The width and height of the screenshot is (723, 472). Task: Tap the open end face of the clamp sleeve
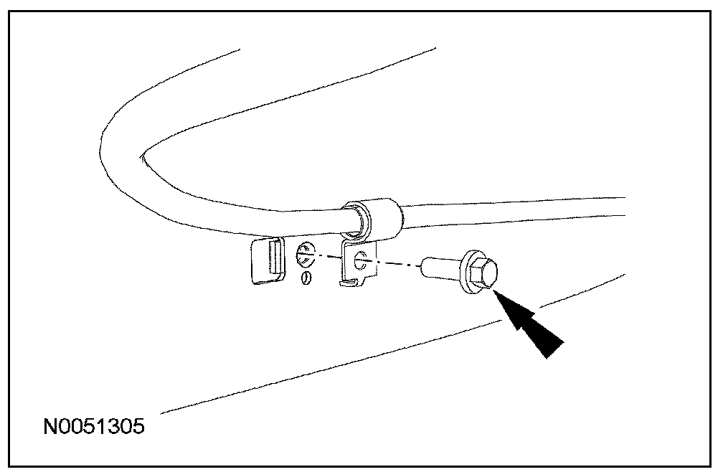(x=356, y=220)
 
